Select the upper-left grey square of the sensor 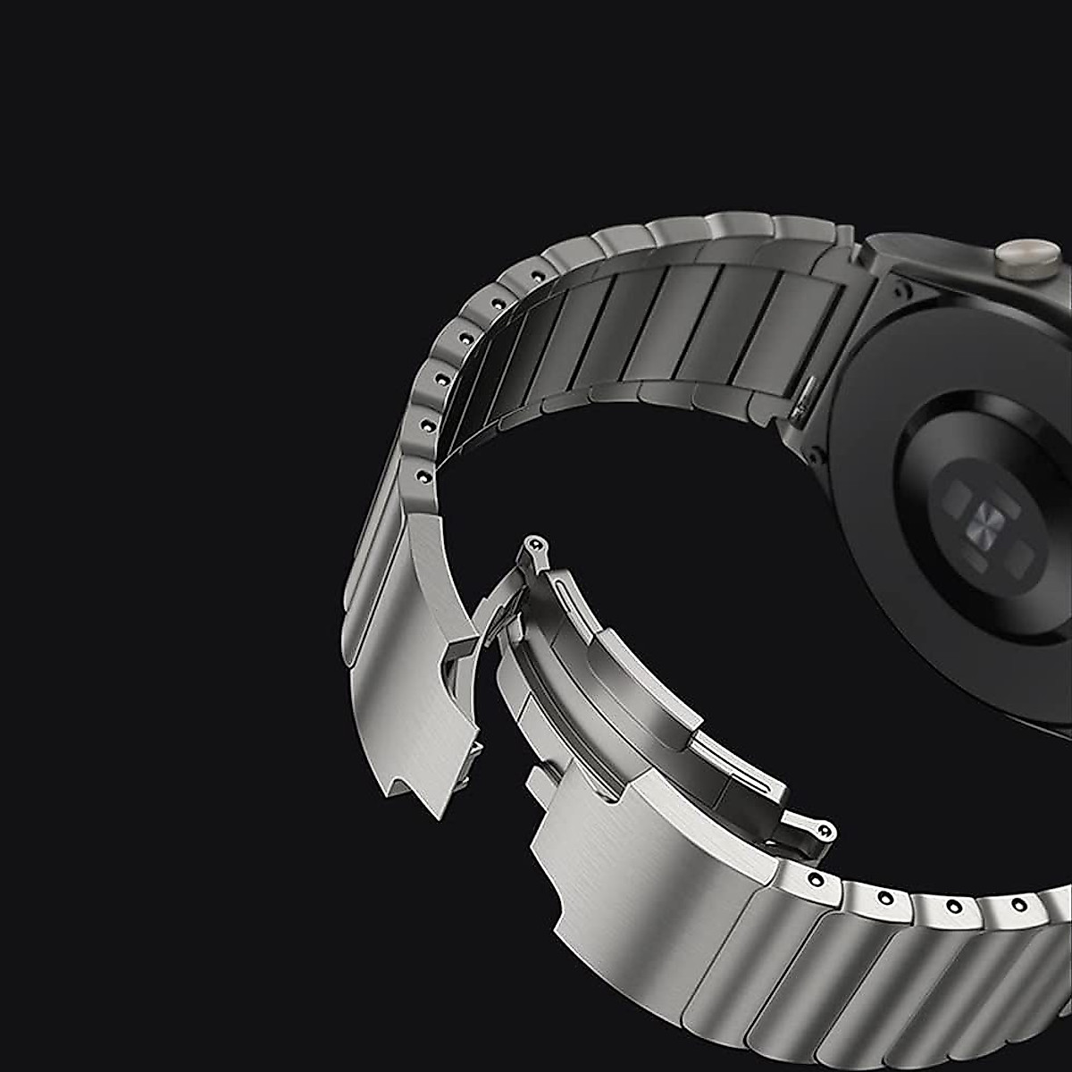click(959, 494)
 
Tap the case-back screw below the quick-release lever click(815, 457)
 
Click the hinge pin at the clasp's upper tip click(535, 542)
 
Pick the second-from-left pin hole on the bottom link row click(885, 897)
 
